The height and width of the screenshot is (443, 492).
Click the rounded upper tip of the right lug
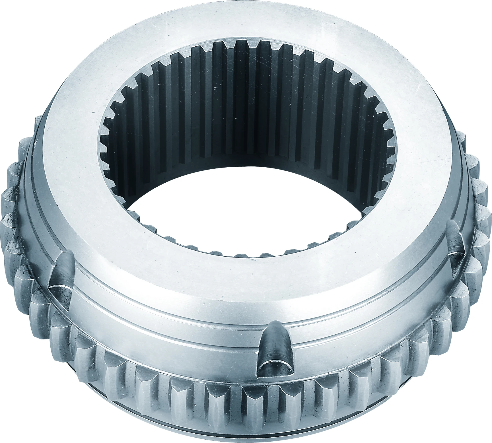pyautogui.click(x=452, y=225)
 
